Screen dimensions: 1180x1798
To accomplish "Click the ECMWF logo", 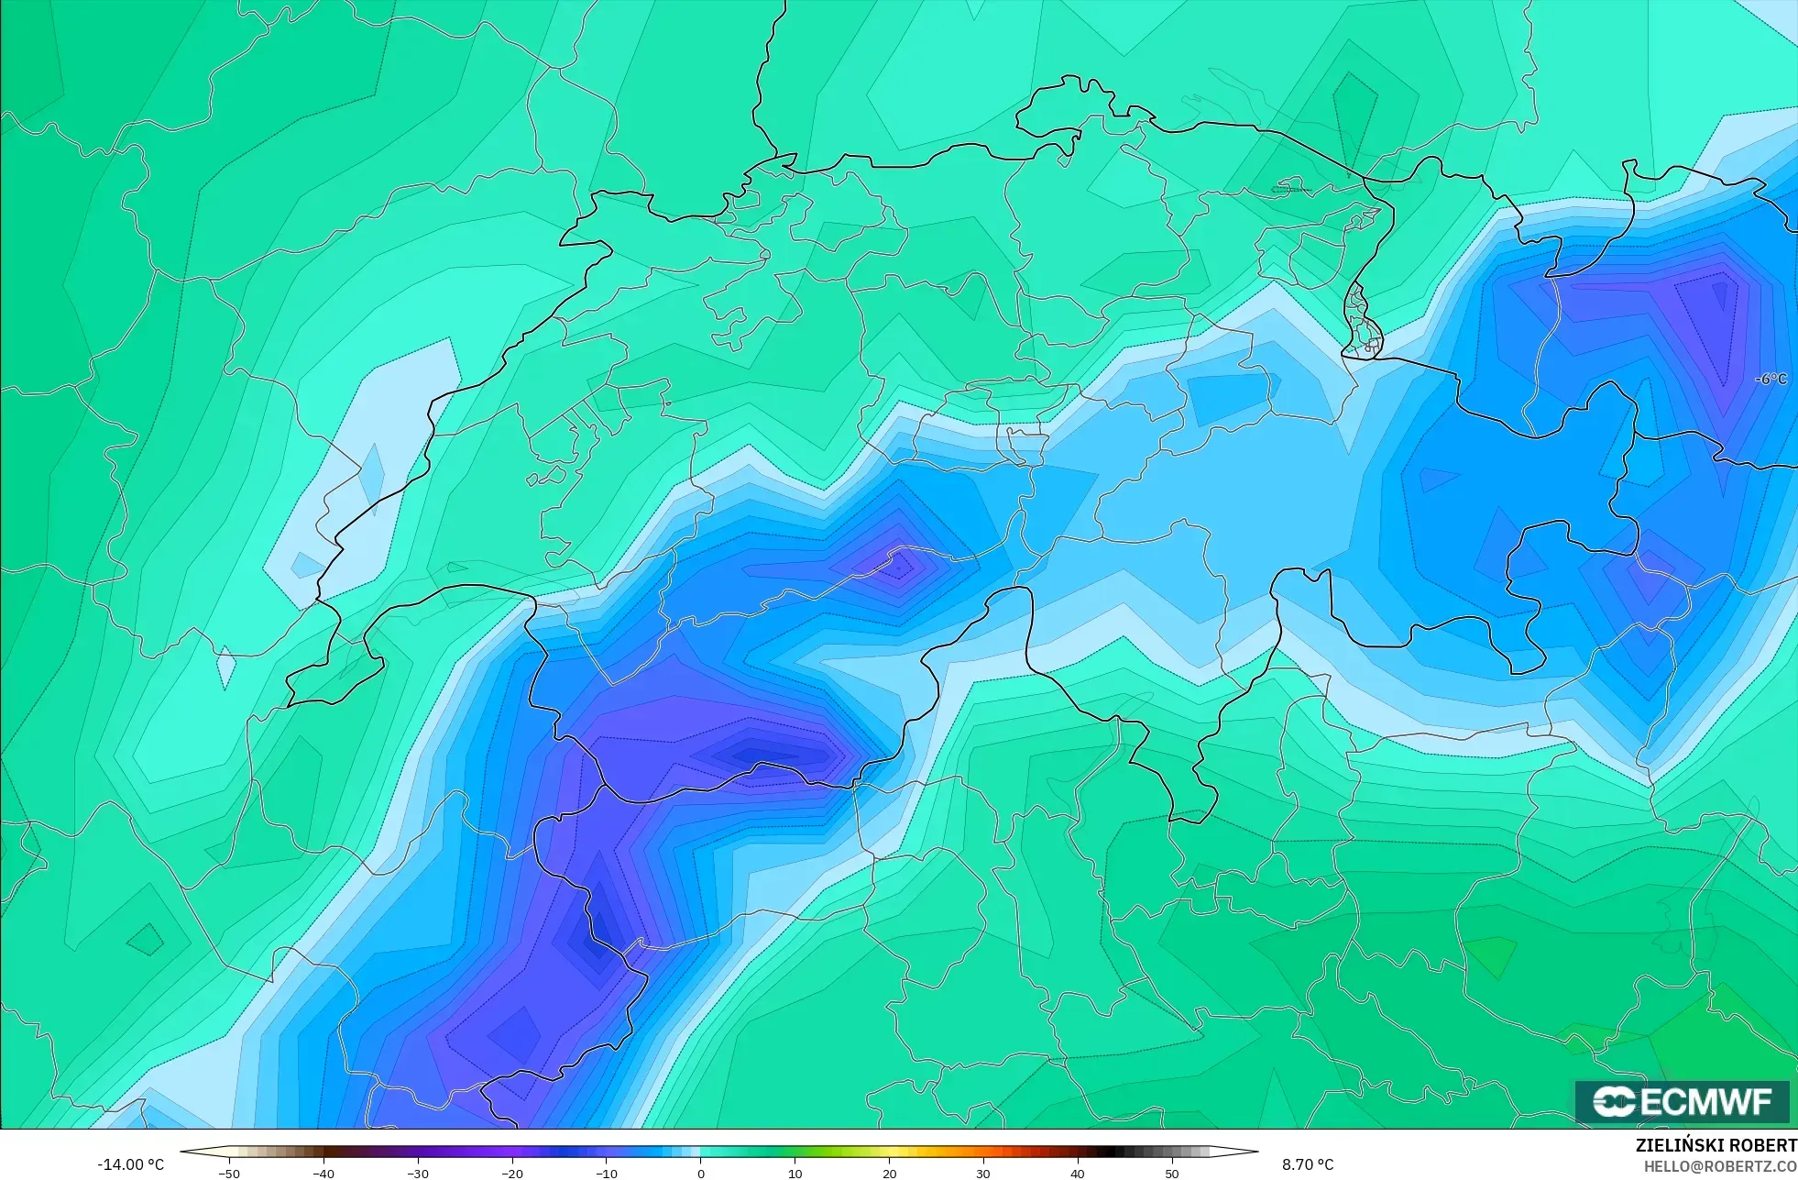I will coord(1682,1101).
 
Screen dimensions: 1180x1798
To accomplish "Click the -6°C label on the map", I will coord(1771,380).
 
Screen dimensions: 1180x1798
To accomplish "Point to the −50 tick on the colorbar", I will coord(229,1173).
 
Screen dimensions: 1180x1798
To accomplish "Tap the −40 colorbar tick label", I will coord(323,1173).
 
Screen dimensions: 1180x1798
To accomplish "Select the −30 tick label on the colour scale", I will coord(418,1173).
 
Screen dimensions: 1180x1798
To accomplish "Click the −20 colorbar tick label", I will coord(512,1173).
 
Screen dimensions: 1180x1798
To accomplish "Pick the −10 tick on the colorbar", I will coord(607,1173).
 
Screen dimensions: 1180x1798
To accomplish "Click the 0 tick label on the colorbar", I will coord(701,1173).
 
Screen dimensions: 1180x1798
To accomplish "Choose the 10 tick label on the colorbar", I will coord(795,1173).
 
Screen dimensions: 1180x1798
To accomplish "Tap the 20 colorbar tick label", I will coord(889,1173).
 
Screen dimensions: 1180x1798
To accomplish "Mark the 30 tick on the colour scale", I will coord(983,1173).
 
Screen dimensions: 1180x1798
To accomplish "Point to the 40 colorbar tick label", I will coord(1078,1173).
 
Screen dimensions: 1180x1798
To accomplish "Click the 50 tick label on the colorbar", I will coord(1172,1173).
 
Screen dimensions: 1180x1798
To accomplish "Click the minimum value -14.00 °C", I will coord(131,1164).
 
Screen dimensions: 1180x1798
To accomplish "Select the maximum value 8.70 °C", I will coord(1308,1164).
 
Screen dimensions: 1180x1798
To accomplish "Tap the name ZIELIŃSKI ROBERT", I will coord(1716,1145).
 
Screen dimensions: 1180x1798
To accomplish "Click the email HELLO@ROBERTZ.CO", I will coord(1720,1166).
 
